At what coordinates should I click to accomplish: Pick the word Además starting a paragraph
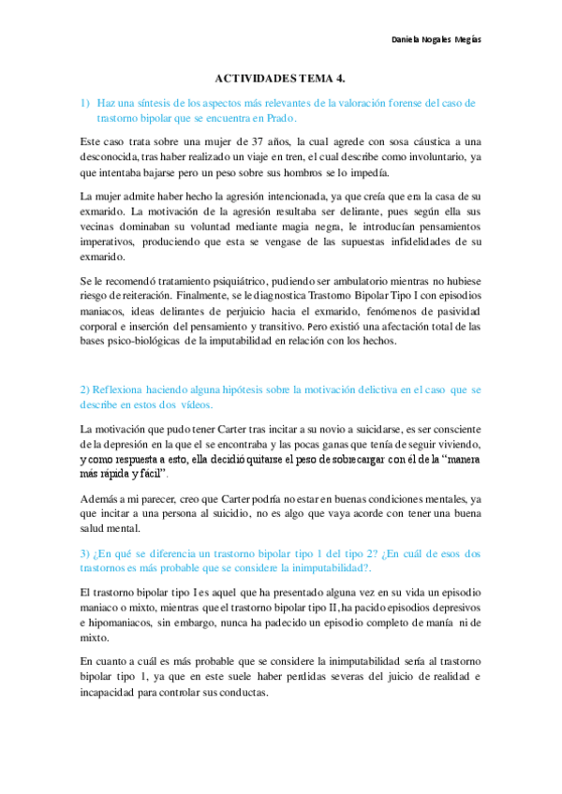pyautogui.click(x=102, y=499)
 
